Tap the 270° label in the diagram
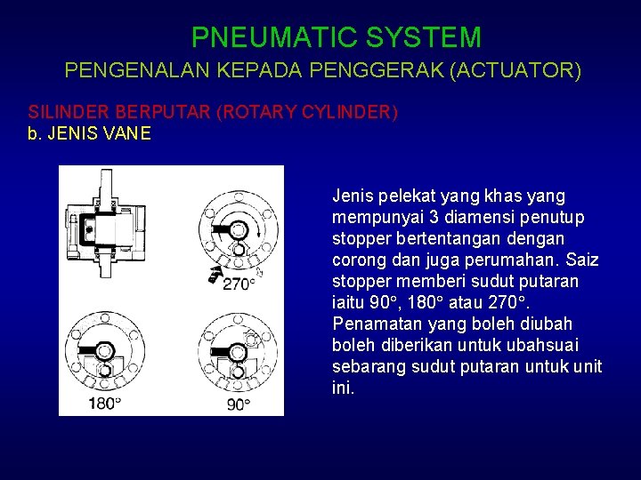point(238,284)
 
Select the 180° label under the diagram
point(104,404)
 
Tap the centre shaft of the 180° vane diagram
point(105,349)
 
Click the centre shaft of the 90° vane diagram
point(237,350)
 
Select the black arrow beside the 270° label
point(214,274)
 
